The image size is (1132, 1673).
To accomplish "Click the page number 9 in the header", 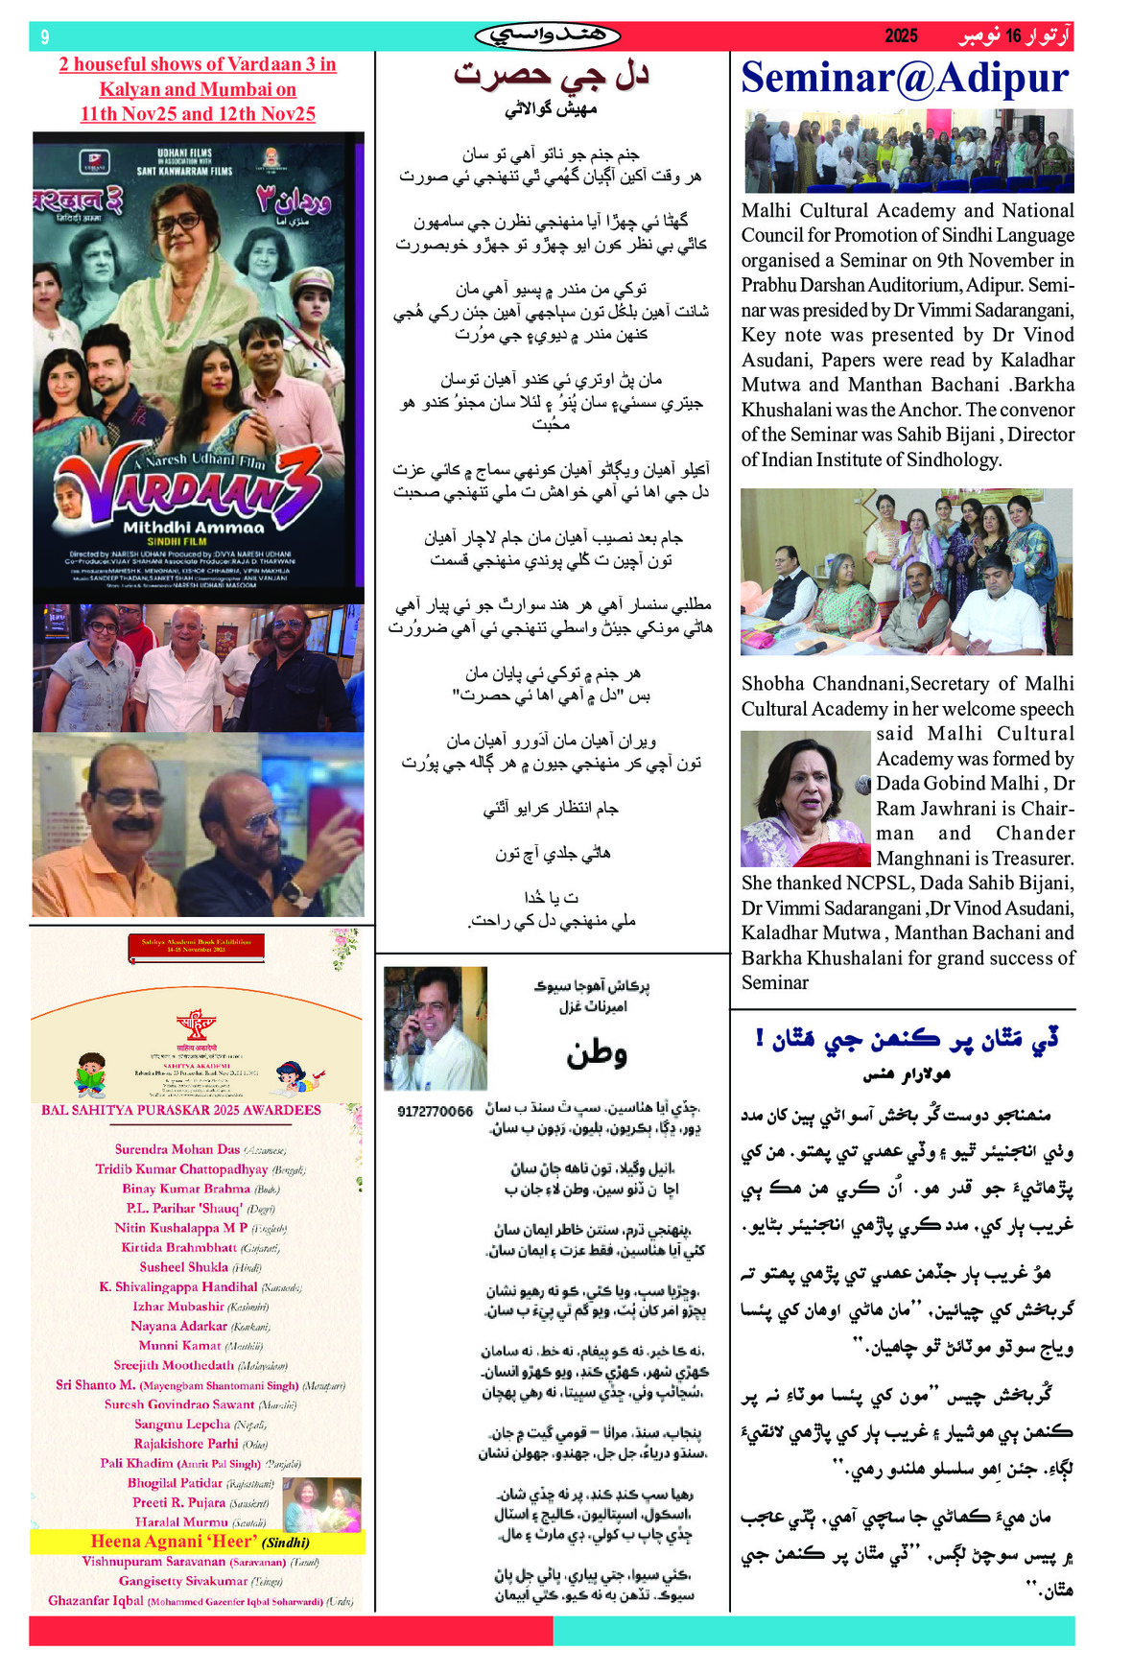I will [x=45, y=36].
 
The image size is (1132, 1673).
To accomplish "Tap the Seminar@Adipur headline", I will [x=905, y=78].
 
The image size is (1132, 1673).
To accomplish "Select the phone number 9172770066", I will [x=435, y=1111].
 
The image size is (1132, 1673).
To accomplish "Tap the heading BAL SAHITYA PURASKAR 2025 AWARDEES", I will [x=180, y=1110].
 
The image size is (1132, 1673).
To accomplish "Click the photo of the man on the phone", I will [x=435, y=1027].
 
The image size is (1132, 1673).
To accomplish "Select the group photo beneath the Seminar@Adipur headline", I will [x=908, y=152].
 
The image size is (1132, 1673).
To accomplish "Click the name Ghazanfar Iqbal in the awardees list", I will [x=96, y=1600].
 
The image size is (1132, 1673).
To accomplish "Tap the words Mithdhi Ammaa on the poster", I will [x=194, y=527].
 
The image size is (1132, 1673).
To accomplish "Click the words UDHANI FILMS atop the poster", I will [x=184, y=153].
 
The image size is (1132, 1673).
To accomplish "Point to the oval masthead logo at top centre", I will [x=548, y=36].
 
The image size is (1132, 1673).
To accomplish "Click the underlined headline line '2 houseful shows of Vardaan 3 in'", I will [x=197, y=64].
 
